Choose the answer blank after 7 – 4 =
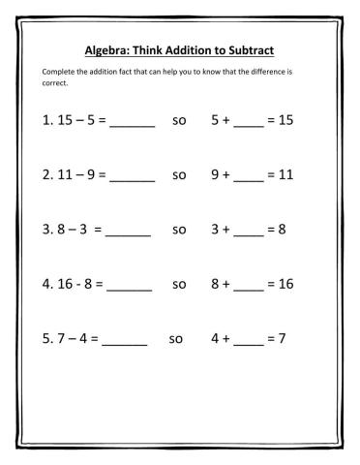pyautogui.click(x=125, y=342)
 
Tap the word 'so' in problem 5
pyautogui.click(x=175, y=340)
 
